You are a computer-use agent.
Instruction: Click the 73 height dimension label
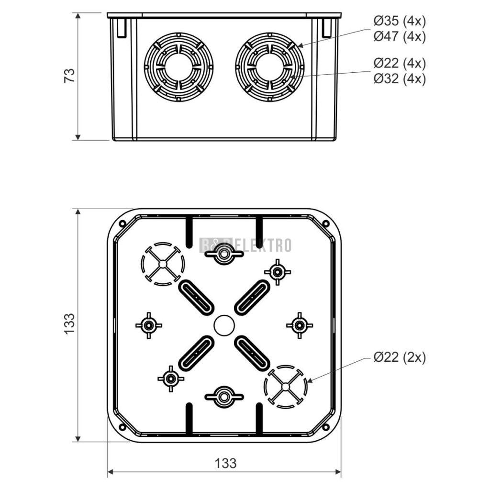[70, 75]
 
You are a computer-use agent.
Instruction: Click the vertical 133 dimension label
[70, 324]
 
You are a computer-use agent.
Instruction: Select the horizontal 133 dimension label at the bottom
[225, 463]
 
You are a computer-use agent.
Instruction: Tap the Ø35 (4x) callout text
[400, 21]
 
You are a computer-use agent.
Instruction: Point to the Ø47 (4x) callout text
[400, 36]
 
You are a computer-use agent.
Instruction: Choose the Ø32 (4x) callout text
[400, 79]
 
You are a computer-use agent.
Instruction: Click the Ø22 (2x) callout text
[400, 357]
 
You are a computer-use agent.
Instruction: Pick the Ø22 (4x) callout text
[400, 64]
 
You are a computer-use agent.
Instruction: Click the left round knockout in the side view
[178, 67]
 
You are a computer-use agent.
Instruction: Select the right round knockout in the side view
[270, 67]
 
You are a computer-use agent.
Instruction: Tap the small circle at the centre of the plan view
[224, 325]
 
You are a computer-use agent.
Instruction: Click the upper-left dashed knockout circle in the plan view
[163, 264]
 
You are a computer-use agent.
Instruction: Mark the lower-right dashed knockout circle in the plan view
[285, 387]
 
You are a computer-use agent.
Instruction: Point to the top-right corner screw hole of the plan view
[325, 223]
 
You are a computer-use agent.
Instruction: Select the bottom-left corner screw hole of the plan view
[122, 427]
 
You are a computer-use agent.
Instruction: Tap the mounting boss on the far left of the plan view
[149, 325]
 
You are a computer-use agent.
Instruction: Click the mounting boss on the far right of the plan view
[300, 325]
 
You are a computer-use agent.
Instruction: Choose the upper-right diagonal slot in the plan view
[252, 297]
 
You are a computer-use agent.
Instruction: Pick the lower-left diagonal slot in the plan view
[196, 353]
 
